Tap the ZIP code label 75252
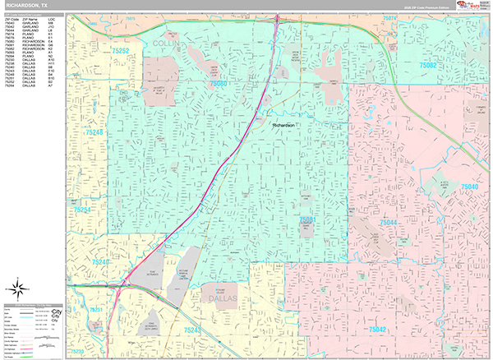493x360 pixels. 121,51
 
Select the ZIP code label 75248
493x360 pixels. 94,131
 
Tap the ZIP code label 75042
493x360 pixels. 378,329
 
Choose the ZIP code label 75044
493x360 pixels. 389,223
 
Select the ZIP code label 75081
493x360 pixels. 308,220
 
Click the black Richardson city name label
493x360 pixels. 283,125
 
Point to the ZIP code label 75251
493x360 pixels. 96,310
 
